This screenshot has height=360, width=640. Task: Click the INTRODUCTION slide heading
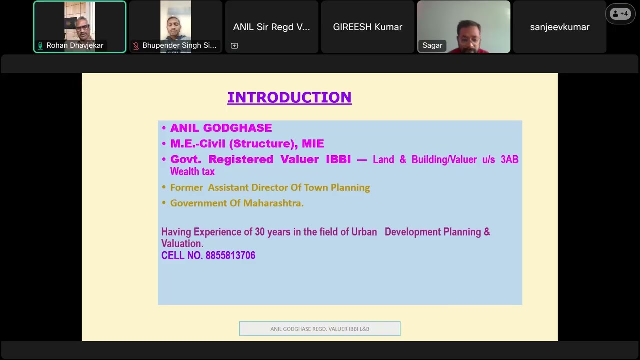(289, 97)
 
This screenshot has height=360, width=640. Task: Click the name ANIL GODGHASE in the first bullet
(221, 128)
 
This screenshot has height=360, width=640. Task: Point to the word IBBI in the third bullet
(338, 159)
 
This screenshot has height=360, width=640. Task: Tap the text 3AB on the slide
(509, 159)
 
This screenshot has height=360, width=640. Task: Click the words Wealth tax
(192, 171)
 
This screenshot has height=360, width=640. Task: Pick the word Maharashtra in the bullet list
(273, 203)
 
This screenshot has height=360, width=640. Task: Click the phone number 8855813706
(230, 255)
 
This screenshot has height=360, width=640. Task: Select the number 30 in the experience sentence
(260, 232)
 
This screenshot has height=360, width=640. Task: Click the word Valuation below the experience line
(181, 244)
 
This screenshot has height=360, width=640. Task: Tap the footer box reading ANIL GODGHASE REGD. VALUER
(320, 329)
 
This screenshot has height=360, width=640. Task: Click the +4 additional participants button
(620, 14)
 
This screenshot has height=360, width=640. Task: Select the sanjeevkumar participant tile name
(560, 27)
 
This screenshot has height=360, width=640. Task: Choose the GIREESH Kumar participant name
(368, 27)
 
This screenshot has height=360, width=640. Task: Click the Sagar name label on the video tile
(432, 45)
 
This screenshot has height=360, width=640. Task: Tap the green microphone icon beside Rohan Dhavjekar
(40, 45)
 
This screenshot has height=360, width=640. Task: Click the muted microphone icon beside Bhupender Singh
(136, 45)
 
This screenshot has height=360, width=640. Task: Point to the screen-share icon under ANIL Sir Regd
(234, 46)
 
